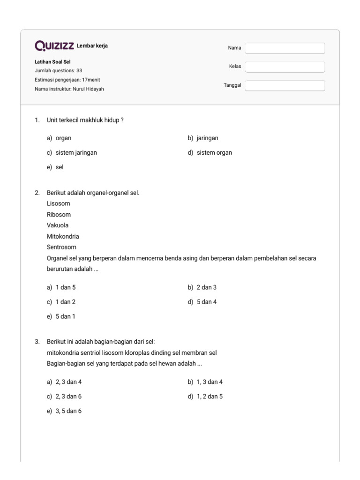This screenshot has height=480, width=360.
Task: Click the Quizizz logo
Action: (54, 46)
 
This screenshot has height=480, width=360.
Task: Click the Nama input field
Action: (285, 48)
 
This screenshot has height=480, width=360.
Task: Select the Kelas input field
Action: (285, 67)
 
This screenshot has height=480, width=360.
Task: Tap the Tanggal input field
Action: (285, 85)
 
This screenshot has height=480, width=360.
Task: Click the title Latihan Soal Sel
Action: (52, 61)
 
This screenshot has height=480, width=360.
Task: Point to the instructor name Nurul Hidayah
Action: (89, 89)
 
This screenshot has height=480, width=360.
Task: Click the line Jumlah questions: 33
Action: (59, 70)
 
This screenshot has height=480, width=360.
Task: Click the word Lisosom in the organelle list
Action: (59, 204)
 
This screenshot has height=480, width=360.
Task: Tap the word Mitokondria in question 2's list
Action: (63, 236)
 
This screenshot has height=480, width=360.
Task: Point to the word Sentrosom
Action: (61, 247)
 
